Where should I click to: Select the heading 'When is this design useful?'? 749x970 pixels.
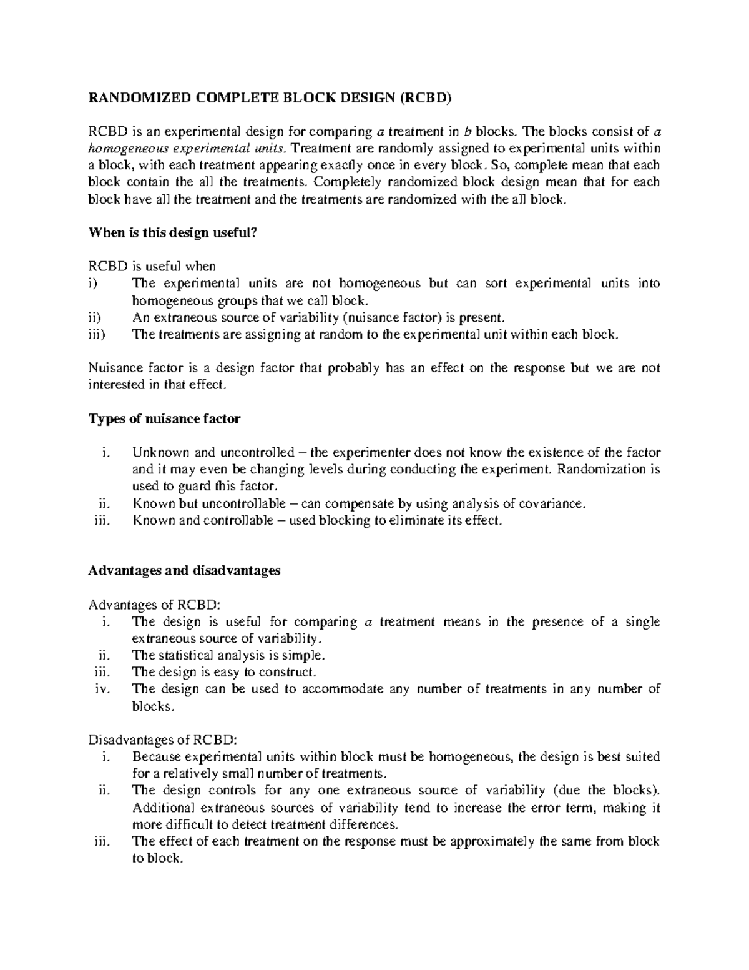coord(173,232)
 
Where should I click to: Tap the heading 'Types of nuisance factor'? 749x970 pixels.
coord(164,419)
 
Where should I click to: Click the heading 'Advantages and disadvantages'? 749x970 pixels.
coord(185,570)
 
